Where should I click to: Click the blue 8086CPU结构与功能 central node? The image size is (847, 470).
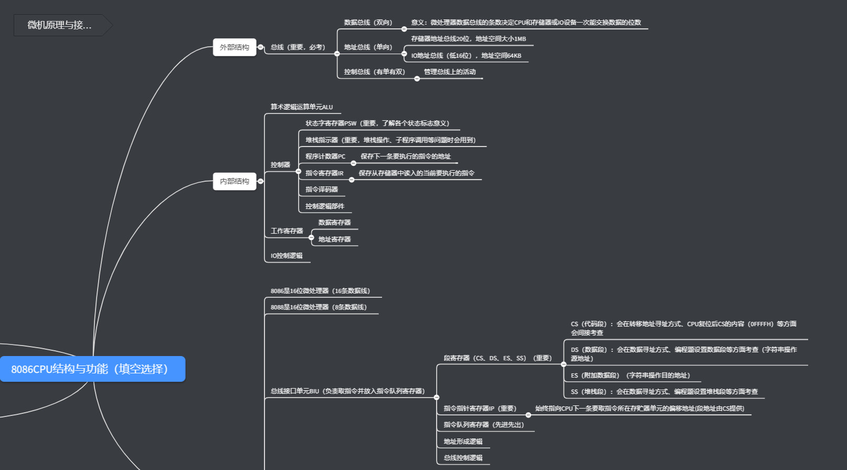click(92, 369)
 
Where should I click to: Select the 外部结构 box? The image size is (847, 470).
click(234, 47)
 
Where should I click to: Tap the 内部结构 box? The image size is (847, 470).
click(234, 181)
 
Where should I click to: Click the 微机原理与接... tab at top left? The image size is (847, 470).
click(60, 25)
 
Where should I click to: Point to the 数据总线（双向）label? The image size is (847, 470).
click(368, 23)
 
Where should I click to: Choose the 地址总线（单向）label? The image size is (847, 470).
click(368, 47)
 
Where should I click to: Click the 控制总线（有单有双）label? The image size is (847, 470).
click(374, 72)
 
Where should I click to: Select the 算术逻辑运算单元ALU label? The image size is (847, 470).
click(301, 107)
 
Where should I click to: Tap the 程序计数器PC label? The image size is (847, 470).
click(325, 156)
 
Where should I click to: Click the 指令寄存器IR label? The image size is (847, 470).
click(324, 173)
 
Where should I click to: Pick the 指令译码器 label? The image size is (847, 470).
click(322, 190)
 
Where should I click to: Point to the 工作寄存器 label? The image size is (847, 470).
click(287, 231)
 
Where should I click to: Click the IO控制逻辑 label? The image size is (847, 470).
click(287, 256)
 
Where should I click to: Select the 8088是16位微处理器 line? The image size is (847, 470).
click(319, 307)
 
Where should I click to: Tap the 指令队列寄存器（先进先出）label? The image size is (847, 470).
click(483, 425)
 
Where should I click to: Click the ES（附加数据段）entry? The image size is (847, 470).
click(630, 375)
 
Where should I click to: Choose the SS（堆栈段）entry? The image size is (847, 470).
click(664, 392)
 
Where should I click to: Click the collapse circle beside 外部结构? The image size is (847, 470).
click(260, 47)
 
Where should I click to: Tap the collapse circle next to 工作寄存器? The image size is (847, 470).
click(311, 237)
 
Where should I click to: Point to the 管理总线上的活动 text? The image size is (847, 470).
click(450, 72)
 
